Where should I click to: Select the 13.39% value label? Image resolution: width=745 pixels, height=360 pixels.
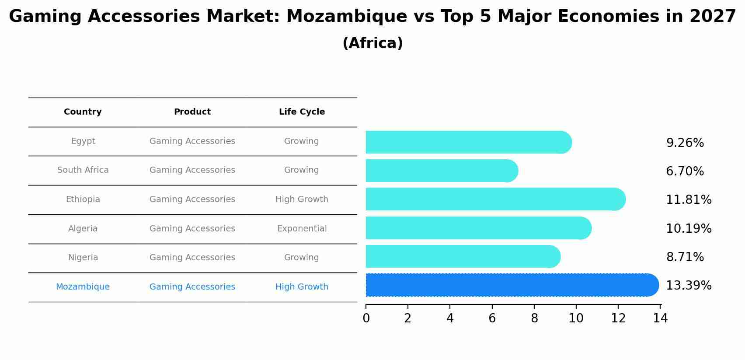click(689, 286)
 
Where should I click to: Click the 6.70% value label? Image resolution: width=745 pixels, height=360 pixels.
click(685, 171)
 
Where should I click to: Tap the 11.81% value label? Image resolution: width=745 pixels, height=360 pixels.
click(689, 200)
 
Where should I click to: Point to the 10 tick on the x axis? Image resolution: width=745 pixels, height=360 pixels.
click(576, 318)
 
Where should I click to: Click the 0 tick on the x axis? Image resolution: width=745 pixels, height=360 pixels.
click(366, 318)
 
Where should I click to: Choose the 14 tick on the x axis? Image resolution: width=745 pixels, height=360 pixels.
click(660, 318)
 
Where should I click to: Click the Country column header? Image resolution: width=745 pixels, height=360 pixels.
click(83, 112)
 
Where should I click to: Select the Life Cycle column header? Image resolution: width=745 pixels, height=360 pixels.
click(302, 112)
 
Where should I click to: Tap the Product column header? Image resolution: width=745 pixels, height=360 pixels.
click(192, 112)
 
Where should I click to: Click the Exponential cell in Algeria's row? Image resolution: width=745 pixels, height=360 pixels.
click(302, 229)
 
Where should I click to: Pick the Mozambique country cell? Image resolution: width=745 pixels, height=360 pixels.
click(83, 287)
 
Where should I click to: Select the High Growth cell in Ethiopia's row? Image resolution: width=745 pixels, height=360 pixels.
click(302, 199)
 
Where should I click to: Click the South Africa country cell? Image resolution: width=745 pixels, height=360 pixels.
click(83, 170)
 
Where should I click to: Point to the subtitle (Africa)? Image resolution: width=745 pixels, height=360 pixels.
click(372, 43)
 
